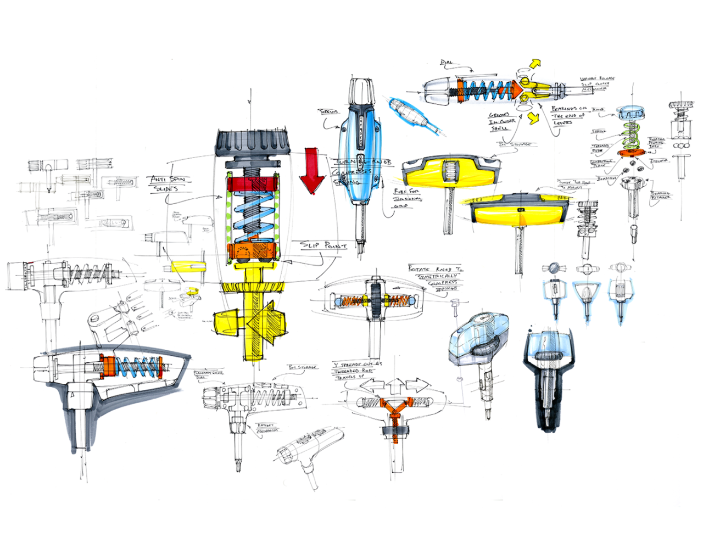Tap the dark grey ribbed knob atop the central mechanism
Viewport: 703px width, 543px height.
coord(253,143)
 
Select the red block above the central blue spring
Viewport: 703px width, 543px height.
coord(252,183)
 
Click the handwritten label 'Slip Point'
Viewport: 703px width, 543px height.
coord(324,245)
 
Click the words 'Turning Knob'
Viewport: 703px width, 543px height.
coord(362,163)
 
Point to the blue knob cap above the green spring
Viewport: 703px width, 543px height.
coord(631,114)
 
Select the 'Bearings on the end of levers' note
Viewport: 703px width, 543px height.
coord(568,115)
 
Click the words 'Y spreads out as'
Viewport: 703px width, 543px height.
coord(358,364)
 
